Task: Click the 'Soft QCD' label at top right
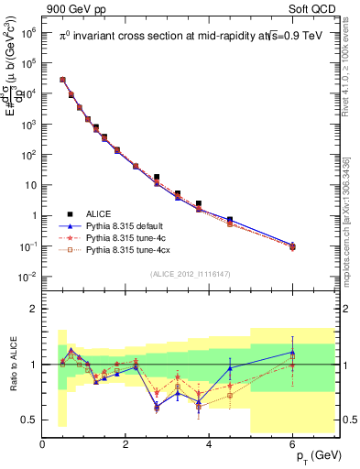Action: (x=312, y=8)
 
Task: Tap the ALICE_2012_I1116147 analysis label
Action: (x=191, y=273)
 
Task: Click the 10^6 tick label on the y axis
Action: (x=27, y=32)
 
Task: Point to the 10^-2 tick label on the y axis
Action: (x=27, y=277)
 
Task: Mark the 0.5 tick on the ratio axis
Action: (x=29, y=420)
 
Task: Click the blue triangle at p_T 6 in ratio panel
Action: (x=293, y=352)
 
